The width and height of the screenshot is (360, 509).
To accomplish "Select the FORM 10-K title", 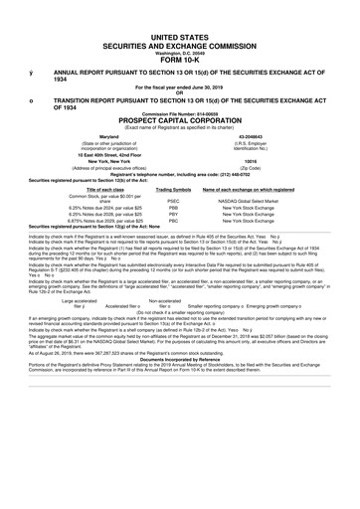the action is tap(180, 56).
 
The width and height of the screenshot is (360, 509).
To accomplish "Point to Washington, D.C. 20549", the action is tap(180, 49).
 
